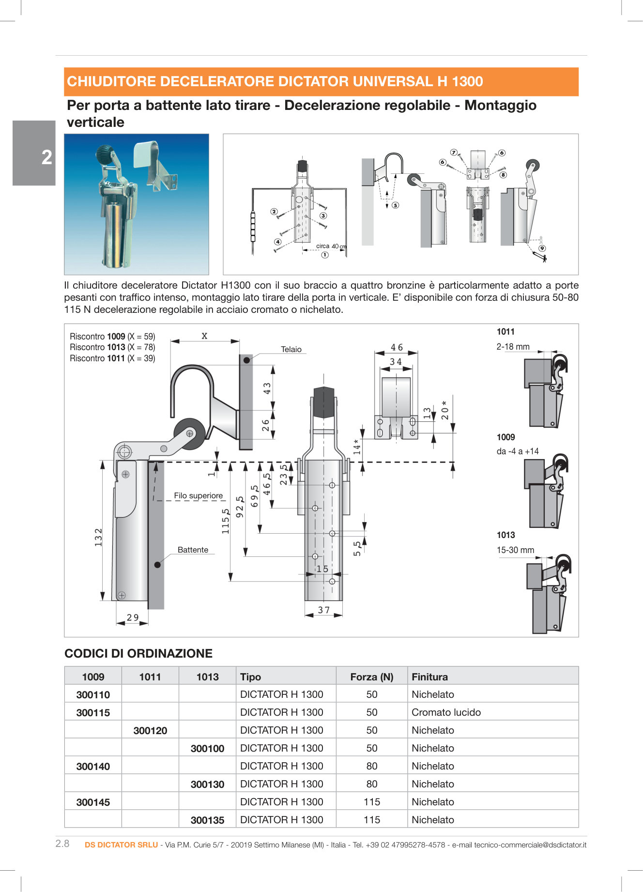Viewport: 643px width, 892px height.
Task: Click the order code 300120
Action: click(x=150, y=730)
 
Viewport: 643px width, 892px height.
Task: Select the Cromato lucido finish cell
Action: click(x=446, y=712)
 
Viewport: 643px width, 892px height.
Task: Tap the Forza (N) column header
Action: click(x=371, y=677)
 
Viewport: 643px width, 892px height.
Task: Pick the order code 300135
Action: click(x=207, y=820)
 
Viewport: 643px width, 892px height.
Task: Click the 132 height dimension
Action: click(x=98, y=538)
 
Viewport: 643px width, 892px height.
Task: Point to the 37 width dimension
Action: click(x=323, y=610)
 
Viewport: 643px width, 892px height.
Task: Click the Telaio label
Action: click(x=291, y=349)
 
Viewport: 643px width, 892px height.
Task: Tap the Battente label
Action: click(x=193, y=550)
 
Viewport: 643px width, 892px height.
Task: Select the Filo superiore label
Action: click(x=198, y=495)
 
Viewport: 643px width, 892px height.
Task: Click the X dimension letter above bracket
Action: click(x=204, y=336)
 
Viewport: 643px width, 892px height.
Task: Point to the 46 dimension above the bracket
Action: click(x=397, y=347)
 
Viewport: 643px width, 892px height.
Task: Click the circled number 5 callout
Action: click(x=396, y=205)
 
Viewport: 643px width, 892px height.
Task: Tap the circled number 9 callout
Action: click(x=542, y=248)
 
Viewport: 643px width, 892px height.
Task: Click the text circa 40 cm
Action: click(x=331, y=246)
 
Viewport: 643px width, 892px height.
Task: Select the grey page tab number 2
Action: click(x=46, y=157)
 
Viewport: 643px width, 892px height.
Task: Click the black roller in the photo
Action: click(x=104, y=155)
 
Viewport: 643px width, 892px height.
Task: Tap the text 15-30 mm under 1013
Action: click(x=515, y=550)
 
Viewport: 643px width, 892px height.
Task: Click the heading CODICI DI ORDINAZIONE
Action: click(x=138, y=653)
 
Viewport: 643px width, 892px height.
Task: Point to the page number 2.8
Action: click(x=62, y=844)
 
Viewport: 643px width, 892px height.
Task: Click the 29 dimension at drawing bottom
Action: click(x=132, y=617)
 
